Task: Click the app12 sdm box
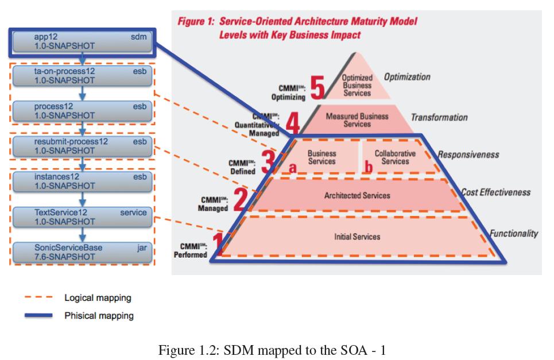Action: click(82, 42)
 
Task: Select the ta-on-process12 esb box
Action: click(82, 76)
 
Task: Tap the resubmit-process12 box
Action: click(82, 146)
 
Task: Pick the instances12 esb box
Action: click(82, 181)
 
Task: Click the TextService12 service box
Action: click(82, 216)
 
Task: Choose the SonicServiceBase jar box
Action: click(82, 252)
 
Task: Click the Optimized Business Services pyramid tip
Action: click(357, 85)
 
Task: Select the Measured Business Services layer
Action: click(357, 119)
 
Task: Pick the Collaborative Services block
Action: click(395, 157)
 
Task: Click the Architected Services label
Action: click(357, 196)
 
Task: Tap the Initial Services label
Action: click(357, 237)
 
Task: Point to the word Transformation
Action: click(439, 118)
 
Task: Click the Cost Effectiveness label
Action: click(496, 193)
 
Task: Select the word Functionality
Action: click(513, 233)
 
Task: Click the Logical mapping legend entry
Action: click(98, 298)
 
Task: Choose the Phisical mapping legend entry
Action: click(99, 315)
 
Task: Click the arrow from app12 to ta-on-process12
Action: click(83, 59)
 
